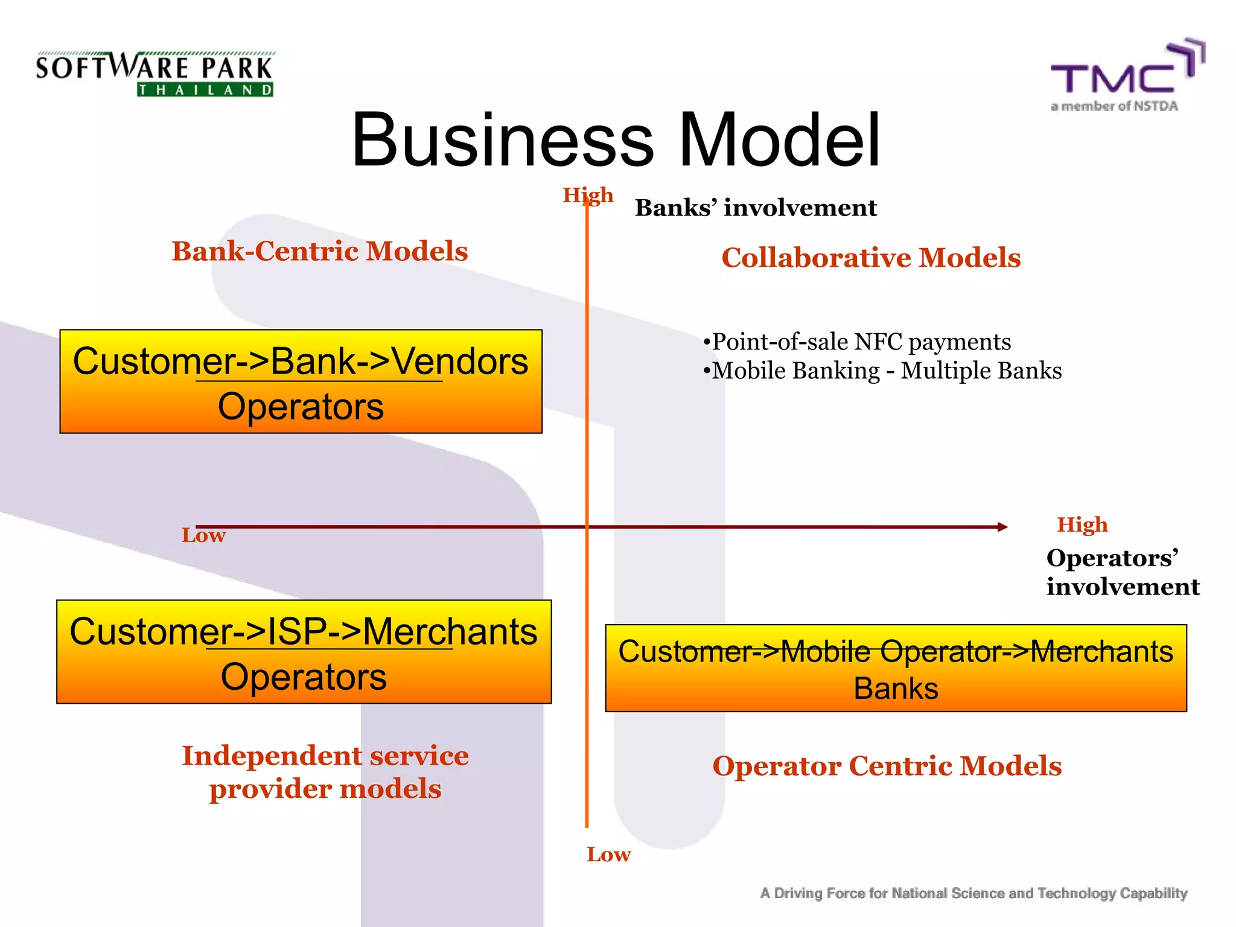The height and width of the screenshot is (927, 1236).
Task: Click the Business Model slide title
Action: (x=616, y=140)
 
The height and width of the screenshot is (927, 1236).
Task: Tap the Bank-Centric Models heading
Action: (x=320, y=251)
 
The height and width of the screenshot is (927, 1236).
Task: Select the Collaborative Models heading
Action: (x=871, y=258)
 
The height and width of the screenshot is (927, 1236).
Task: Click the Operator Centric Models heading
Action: (x=887, y=766)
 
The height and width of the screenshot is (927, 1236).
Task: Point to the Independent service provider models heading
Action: (x=325, y=772)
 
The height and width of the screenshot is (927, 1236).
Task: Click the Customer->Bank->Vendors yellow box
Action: (x=301, y=381)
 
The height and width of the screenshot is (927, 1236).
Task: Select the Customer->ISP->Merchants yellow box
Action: (x=304, y=652)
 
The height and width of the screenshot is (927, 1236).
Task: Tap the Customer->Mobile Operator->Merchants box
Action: (x=896, y=668)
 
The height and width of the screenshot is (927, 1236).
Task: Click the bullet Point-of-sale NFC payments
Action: (x=857, y=342)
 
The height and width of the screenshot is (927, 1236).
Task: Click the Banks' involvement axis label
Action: (x=756, y=208)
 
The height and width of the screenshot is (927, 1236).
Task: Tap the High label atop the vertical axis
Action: (x=588, y=195)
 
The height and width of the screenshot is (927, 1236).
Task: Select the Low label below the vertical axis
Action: (x=608, y=855)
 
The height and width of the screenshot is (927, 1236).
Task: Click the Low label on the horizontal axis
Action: (x=203, y=535)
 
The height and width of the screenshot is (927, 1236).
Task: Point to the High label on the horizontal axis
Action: (x=1082, y=524)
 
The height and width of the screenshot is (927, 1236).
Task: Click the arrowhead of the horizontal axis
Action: (x=1002, y=527)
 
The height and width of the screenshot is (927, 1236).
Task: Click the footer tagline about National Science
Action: (x=973, y=893)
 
